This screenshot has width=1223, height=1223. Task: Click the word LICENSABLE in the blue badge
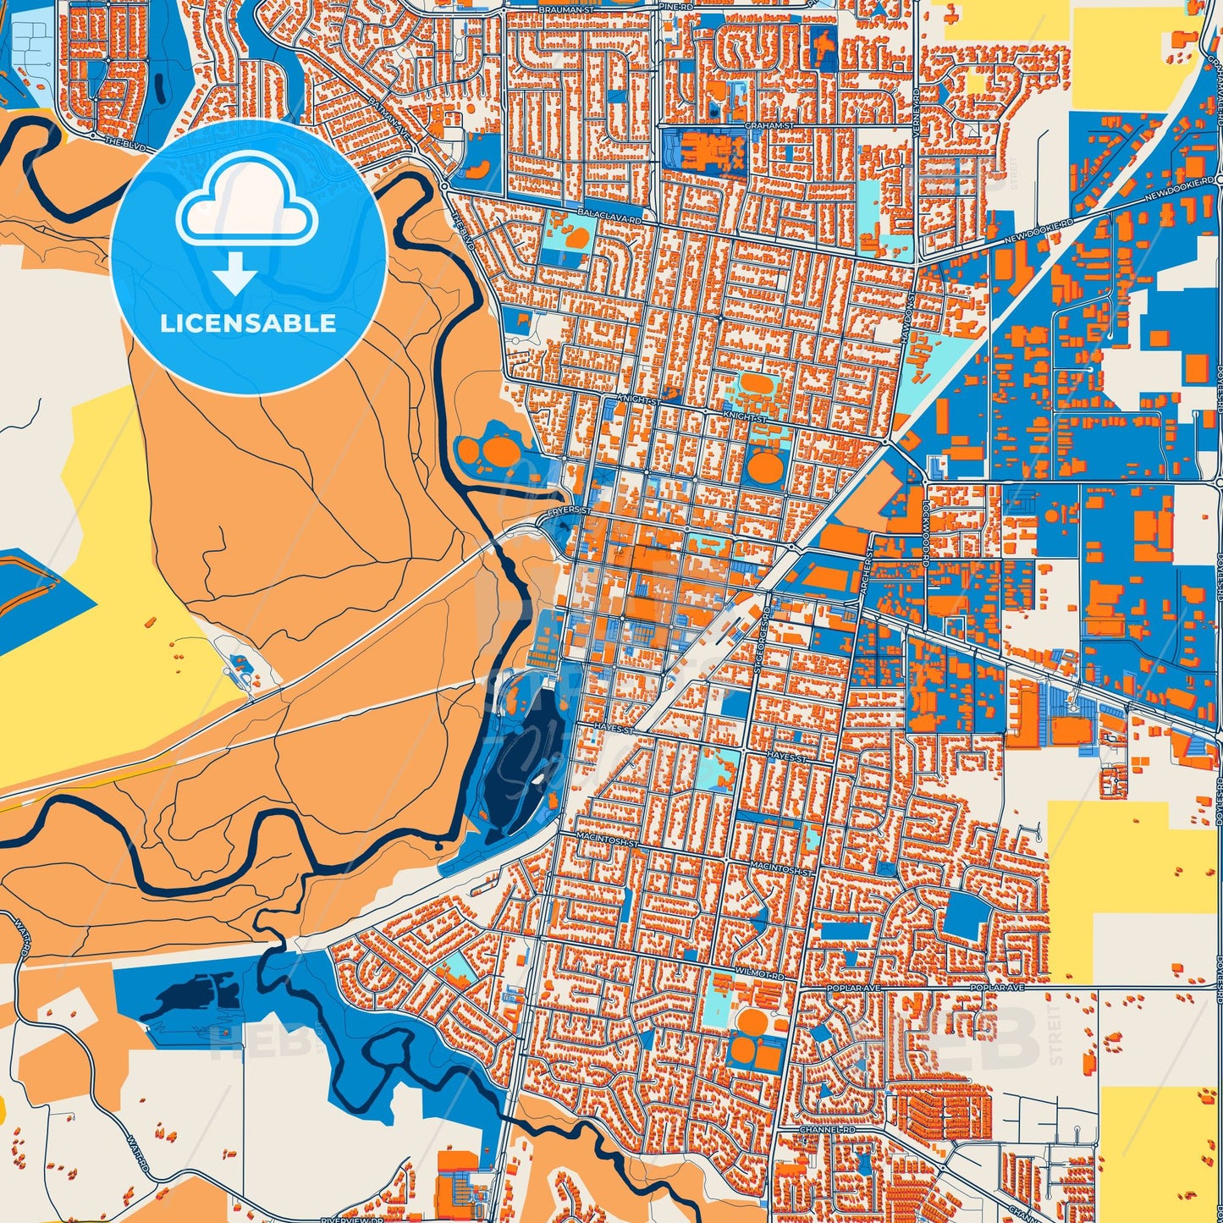click(x=248, y=323)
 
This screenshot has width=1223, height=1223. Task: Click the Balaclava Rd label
click(x=609, y=218)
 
